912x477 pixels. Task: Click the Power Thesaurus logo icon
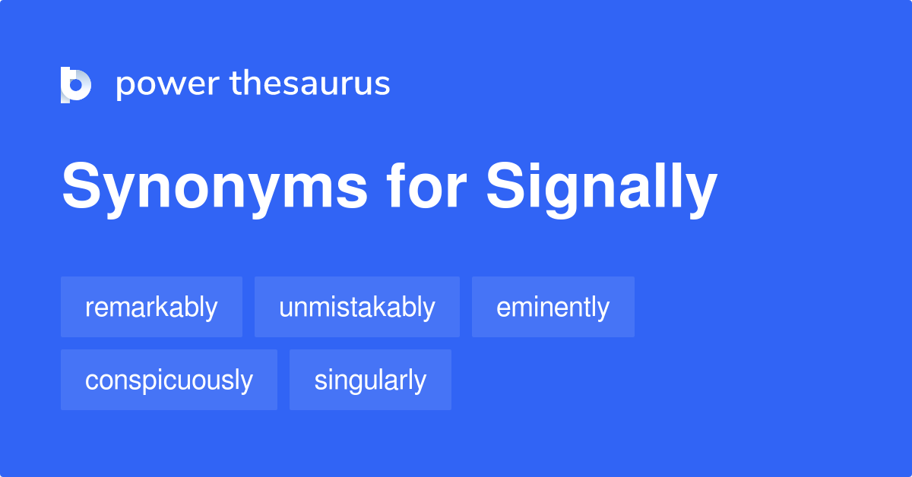coord(76,84)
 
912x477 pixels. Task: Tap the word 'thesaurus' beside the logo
coord(310,84)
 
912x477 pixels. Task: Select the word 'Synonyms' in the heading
coord(215,189)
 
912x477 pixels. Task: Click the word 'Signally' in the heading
coord(601,189)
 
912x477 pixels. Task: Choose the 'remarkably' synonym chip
coord(151,307)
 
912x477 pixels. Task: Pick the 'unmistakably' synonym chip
coord(356,307)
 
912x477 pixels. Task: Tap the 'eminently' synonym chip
coord(553,307)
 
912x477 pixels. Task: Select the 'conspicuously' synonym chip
coord(169,380)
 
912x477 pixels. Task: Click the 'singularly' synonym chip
coord(370,380)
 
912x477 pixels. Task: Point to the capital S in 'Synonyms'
coord(81,188)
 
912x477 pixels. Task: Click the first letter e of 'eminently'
coord(502,308)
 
